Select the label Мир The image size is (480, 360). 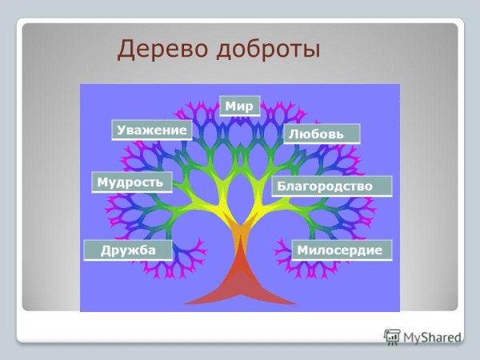point(239,106)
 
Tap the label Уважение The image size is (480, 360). point(151,130)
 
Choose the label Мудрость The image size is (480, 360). point(130,182)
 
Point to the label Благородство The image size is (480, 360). point(330,186)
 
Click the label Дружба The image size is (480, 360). point(126,250)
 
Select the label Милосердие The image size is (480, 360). point(341,250)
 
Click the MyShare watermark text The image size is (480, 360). point(432,336)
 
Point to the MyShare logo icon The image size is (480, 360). point(392,336)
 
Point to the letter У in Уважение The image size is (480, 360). point(121,130)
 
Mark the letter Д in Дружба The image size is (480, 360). point(106,250)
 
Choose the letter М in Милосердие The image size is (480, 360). point(302,250)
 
